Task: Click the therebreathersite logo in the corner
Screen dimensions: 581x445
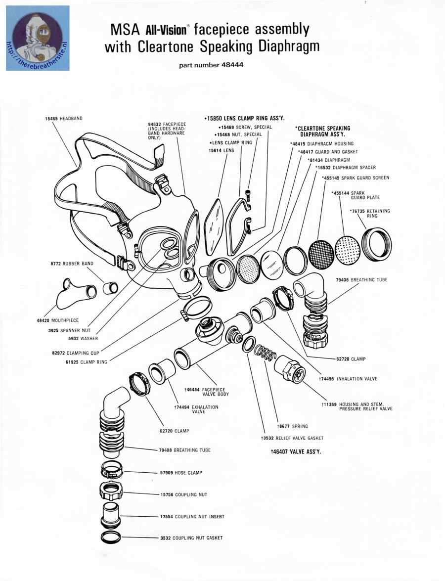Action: click(x=38, y=38)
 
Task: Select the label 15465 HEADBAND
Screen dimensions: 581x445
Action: click(x=64, y=119)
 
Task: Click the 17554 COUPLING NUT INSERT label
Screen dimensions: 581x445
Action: click(x=192, y=517)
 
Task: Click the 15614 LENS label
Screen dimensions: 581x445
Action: click(x=221, y=150)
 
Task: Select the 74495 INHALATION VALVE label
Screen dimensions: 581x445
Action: click(x=348, y=379)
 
